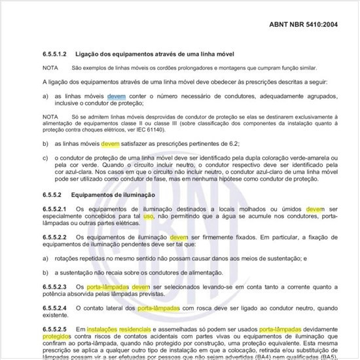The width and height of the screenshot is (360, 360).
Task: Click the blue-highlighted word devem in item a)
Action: click(x=117, y=96)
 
